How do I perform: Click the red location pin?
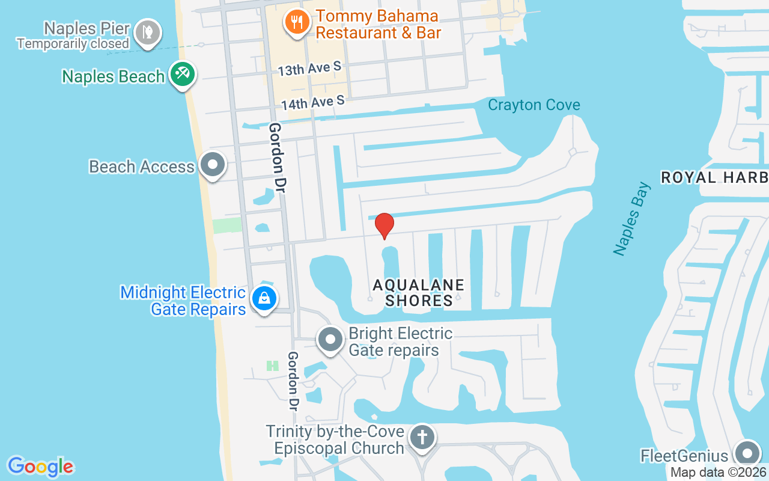tap(384, 225)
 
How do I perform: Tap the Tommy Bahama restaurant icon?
tap(296, 23)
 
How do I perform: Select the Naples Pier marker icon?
tap(147, 31)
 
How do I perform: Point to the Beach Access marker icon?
tap(212, 165)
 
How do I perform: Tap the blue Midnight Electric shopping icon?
tap(263, 298)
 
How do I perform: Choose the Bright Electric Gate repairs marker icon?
tap(330, 340)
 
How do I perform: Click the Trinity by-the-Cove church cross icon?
tap(422, 437)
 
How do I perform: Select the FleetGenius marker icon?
tap(747, 453)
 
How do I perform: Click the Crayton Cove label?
tap(533, 105)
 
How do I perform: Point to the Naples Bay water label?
tap(633, 218)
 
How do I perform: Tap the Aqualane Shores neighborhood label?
tap(419, 292)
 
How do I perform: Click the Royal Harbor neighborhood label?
tap(714, 177)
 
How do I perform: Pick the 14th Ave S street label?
tap(312, 103)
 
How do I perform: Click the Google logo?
tap(40, 467)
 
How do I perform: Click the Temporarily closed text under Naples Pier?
tap(73, 43)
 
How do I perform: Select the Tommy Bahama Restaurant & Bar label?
tap(378, 24)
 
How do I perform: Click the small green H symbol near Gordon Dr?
tap(273, 365)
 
